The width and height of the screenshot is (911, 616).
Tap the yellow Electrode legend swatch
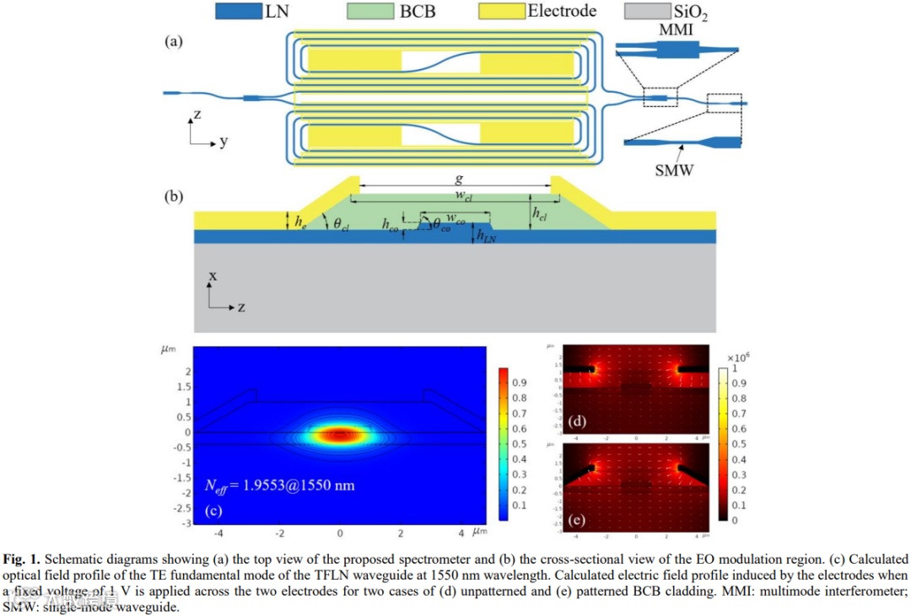click(x=501, y=11)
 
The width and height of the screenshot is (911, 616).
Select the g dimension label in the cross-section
click(x=458, y=179)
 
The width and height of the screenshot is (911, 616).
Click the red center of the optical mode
click(x=340, y=435)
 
